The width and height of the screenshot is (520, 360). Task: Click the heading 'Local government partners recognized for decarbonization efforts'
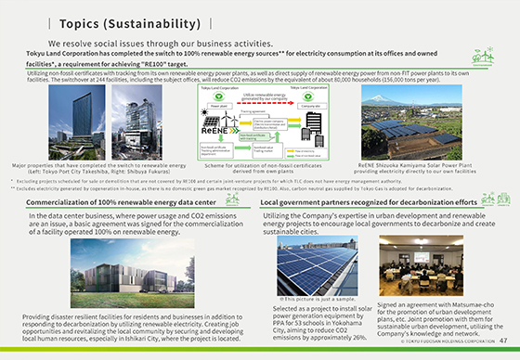pos(369,201)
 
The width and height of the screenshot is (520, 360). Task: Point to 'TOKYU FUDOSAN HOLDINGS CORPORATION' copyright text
pos(443,347)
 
